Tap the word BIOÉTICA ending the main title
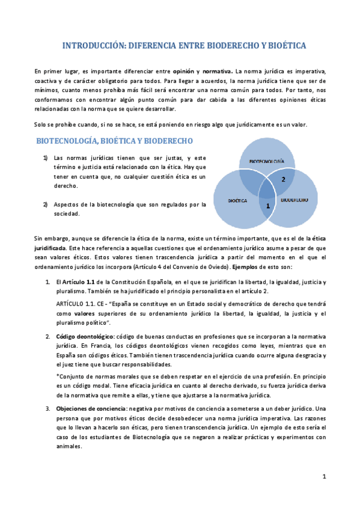coord(285,46)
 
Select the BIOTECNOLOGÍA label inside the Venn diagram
coord(267,161)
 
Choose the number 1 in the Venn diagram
coord(267,206)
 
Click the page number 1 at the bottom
coord(323,477)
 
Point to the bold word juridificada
coord(51,248)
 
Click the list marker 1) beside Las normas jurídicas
coord(45,158)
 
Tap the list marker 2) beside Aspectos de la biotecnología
coord(45,204)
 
